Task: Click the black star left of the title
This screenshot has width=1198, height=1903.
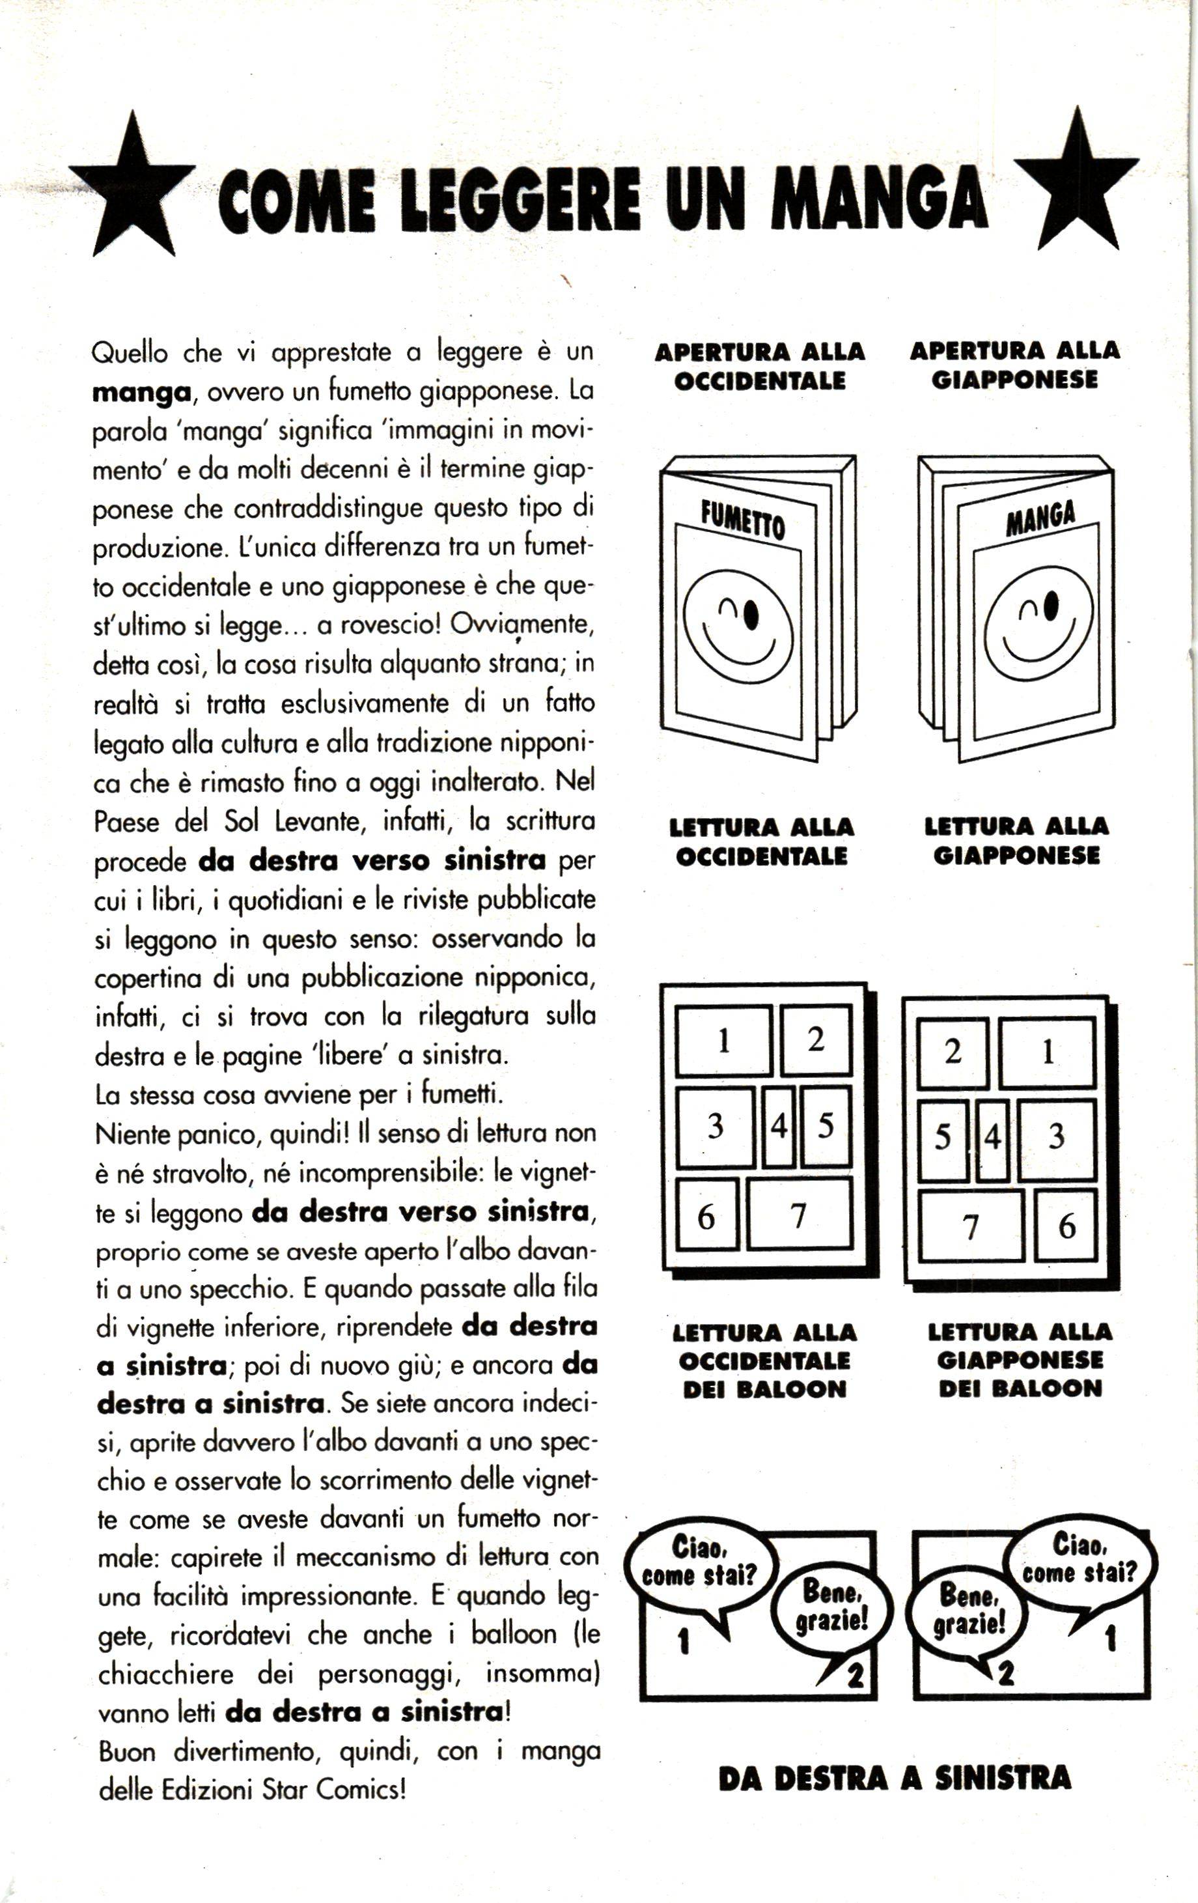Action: [x=133, y=190]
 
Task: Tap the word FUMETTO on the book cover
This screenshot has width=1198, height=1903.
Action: [x=743, y=522]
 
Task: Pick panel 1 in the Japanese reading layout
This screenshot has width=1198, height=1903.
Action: [x=1047, y=1052]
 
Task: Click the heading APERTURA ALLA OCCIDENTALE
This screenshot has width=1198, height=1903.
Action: [x=759, y=366]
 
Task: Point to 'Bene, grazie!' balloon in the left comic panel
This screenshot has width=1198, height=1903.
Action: [x=833, y=1605]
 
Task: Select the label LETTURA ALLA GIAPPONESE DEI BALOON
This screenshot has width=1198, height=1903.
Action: [x=1020, y=1361]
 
